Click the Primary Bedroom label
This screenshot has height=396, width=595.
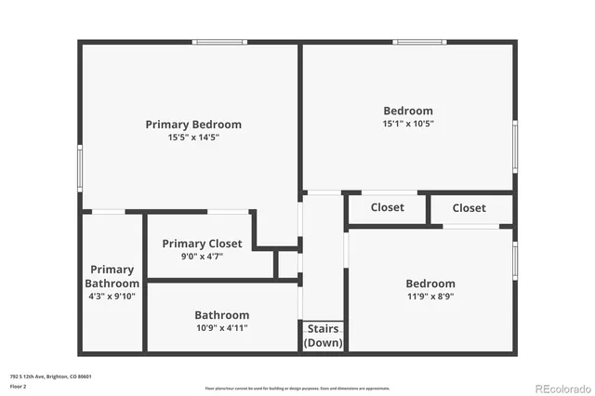tap(193, 125)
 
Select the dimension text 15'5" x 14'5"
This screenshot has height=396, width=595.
tap(193, 138)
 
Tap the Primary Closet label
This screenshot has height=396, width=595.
tap(202, 244)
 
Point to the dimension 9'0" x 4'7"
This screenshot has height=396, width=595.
tap(202, 256)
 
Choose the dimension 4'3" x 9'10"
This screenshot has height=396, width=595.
tap(112, 297)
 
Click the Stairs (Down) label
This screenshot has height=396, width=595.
tap(323, 336)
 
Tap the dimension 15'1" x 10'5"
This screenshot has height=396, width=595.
tap(407, 124)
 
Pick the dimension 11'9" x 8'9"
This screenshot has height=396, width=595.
tap(430, 297)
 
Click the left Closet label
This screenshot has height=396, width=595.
tap(387, 207)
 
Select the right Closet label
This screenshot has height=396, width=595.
tap(469, 208)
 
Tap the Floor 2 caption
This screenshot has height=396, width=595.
tap(16, 386)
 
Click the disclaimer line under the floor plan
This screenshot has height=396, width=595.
tap(297, 388)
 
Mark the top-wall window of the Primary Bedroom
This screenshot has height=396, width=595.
tap(220, 42)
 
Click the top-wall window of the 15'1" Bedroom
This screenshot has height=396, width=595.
tap(420, 42)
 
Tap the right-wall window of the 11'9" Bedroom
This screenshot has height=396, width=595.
tap(514, 259)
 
